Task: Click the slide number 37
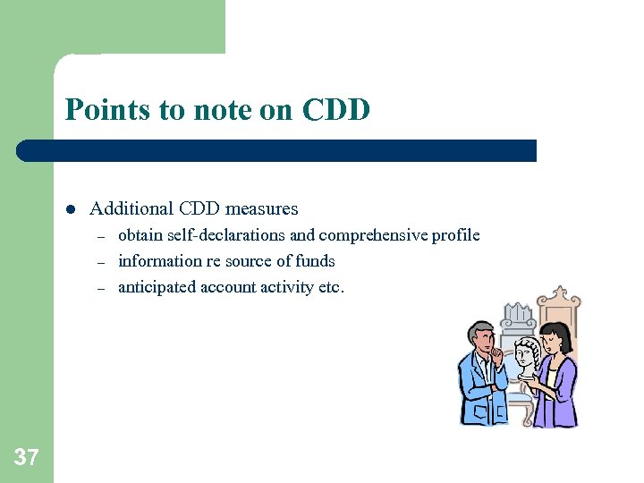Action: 26,458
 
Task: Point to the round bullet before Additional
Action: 69,209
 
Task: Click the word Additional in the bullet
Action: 131,208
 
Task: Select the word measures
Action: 261,208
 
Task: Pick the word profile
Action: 455,235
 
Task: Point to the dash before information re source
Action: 101,262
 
